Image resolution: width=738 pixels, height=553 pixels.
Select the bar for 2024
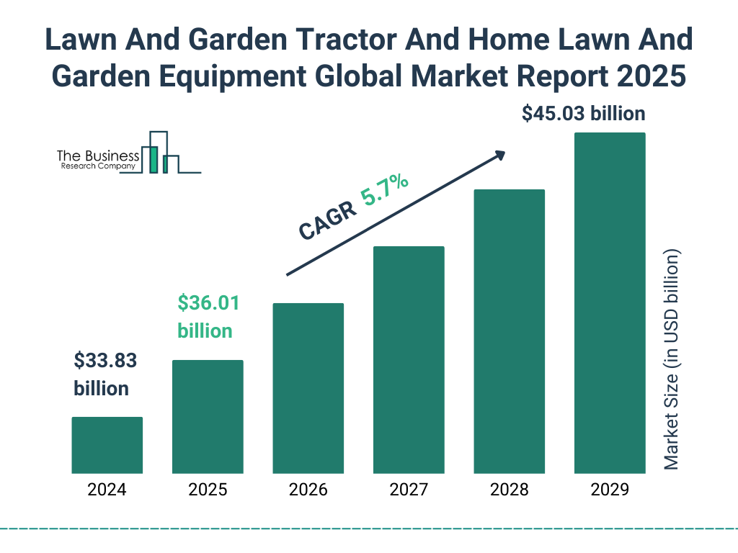107,445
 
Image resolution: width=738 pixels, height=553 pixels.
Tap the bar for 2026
308,388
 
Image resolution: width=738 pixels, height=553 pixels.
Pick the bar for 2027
409,359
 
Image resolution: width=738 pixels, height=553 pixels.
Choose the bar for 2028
509,331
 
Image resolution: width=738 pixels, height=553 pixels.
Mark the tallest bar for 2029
610,302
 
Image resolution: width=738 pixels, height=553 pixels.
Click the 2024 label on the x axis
107,490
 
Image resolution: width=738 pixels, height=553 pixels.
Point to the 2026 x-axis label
308,490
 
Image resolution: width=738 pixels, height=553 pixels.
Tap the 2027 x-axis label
409,490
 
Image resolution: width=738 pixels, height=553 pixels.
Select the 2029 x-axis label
610,490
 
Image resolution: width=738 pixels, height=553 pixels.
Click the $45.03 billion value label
583,114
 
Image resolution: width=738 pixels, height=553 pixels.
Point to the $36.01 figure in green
208,302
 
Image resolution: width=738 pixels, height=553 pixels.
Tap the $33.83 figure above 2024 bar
105,360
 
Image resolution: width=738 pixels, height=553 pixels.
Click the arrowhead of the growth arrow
499,155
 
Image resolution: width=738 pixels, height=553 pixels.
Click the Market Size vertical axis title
671,360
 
